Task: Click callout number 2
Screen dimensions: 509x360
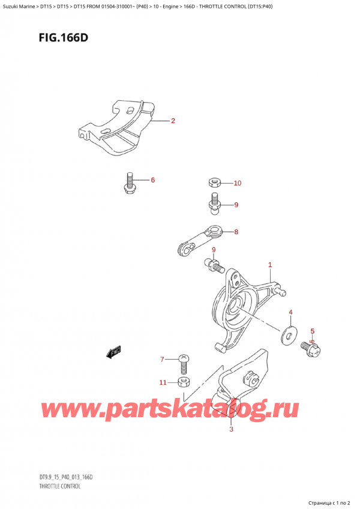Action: coord(173,121)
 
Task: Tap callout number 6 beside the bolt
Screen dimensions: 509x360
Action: coord(152,180)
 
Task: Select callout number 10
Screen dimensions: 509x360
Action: coord(237,183)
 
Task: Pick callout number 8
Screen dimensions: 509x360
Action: coord(236,232)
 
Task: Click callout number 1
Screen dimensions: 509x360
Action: coord(270,265)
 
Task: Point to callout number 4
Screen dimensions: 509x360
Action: coord(291,312)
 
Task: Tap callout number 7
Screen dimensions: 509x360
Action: coord(161,360)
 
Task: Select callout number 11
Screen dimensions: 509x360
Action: coord(163,382)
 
